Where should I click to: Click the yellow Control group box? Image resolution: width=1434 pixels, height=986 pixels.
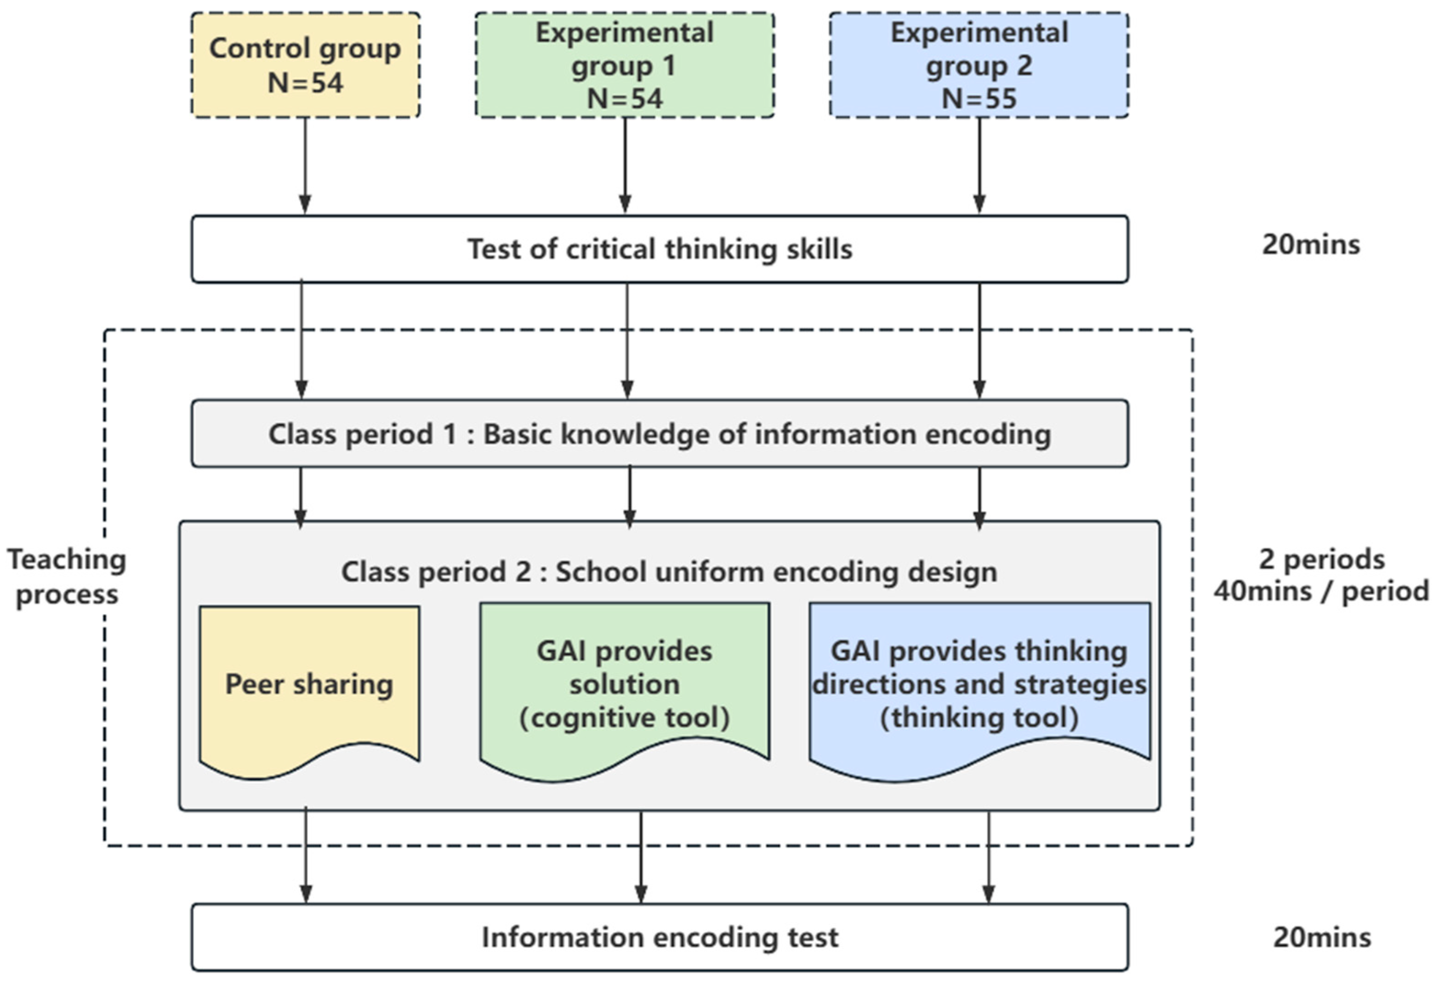click(305, 65)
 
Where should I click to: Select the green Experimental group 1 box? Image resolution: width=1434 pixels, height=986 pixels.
click(624, 65)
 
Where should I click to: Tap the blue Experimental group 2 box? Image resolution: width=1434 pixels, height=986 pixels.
click(979, 65)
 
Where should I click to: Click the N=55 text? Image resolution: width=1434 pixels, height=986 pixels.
click(979, 99)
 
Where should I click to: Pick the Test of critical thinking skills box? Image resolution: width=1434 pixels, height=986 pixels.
click(659, 249)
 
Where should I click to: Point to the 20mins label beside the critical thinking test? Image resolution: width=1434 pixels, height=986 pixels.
click(1310, 244)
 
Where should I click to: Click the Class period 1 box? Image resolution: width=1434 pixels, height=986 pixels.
click(659, 434)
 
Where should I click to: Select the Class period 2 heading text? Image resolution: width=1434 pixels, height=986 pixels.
click(669, 572)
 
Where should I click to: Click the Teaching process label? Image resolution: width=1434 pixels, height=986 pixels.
click(67, 577)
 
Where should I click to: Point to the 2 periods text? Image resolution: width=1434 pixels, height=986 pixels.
click(1321, 560)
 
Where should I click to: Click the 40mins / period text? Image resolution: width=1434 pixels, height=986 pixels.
click(1321, 592)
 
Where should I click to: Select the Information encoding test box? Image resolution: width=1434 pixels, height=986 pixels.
click(659, 937)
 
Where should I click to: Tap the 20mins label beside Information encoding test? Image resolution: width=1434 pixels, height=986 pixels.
click(1321, 938)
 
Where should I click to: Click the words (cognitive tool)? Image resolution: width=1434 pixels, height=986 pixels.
click(624, 718)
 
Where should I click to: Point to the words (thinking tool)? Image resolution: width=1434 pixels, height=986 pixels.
click(979, 718)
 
